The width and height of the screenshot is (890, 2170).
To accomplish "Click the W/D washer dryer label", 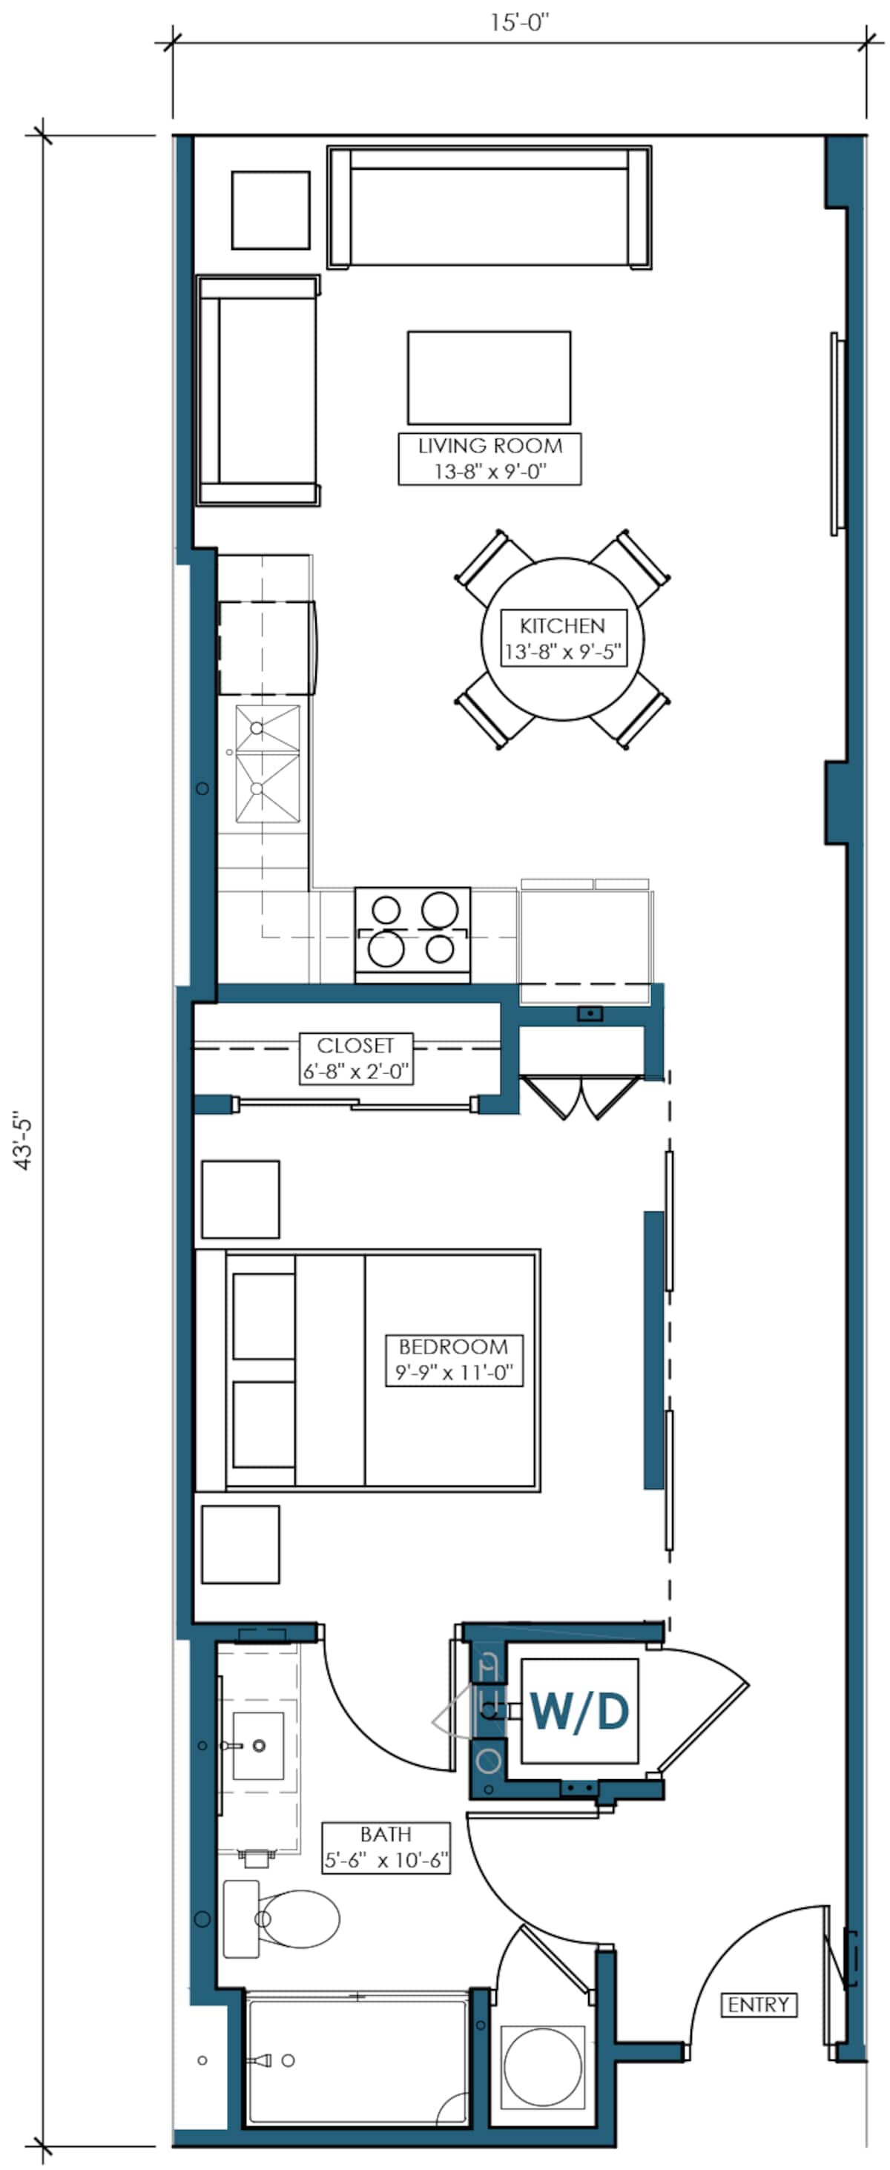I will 579,1712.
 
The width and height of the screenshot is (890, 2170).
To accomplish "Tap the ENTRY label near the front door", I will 758,2005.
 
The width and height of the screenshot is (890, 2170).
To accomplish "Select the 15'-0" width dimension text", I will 519,23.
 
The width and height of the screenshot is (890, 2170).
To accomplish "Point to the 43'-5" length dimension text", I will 24,1142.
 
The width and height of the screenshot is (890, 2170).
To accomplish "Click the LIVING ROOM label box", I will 489,458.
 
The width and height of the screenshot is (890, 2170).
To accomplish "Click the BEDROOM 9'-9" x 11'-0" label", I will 453,1359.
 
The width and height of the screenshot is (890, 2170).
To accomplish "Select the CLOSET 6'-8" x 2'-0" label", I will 356,1058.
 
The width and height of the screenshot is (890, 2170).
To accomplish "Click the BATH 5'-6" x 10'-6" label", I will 386,1847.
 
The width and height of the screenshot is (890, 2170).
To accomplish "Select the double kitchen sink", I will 267,763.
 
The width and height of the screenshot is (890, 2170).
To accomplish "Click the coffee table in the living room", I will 489,377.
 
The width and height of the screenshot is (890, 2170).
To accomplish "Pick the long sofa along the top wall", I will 489,207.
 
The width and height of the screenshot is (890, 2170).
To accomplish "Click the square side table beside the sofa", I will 271,210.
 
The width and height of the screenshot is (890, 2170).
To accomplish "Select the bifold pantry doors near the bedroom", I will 576,1095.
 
